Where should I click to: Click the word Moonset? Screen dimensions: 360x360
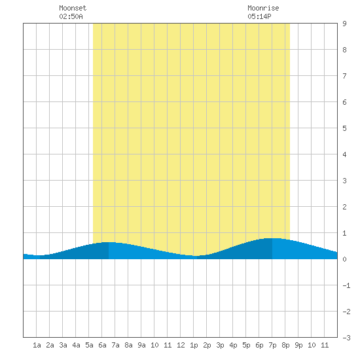tap(73, 8)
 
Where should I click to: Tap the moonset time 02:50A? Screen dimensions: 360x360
tap(71, 16)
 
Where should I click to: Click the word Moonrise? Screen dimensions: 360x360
tap(263, 8)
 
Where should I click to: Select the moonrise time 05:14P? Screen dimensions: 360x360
tap(259, 16)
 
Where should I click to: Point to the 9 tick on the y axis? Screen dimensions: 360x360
tap(344, 24)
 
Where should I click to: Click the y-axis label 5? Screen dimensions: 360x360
tap(344, 128)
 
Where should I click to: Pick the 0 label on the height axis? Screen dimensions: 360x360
tap(344, 259)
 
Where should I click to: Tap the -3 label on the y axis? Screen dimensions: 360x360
tap(346, 338)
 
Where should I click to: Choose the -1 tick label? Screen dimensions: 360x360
tap(346, 285)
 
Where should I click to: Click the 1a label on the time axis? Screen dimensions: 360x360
tap(37, 345)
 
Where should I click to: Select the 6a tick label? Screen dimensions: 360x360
tap(102, 345)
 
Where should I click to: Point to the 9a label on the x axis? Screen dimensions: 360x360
tap(141, 345)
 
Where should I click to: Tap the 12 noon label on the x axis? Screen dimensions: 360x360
tap(181, 345)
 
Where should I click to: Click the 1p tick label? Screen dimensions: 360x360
tap(194, 345)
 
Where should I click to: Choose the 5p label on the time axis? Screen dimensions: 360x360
tap(246, 345)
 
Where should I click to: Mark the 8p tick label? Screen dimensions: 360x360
tap(285, 345)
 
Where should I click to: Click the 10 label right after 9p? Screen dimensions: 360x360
tap(312, 345)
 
